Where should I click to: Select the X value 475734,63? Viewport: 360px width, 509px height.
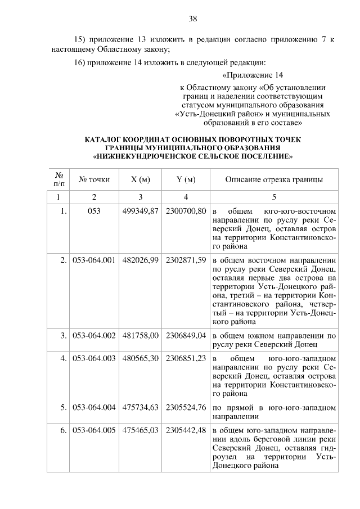(x=141, y=406)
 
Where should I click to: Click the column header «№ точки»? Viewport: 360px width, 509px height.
(x=94, y=179)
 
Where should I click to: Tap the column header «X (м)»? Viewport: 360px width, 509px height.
(x=141, y=179)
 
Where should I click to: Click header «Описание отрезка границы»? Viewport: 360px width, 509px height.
(x=274, y=179)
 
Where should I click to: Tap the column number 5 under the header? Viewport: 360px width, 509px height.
(x=274, y=197)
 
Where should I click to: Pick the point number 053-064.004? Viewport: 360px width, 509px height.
(x=94, y=406)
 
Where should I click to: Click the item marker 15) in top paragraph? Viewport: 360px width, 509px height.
(x=83, y=40)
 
